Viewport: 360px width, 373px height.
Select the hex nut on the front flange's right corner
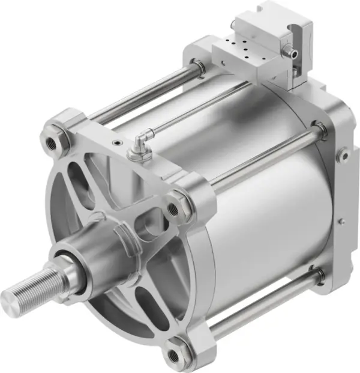tap(175, 208)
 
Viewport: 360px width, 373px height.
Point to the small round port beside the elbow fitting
tap(116, 143)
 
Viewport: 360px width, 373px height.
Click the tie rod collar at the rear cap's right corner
tap(319, 128)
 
